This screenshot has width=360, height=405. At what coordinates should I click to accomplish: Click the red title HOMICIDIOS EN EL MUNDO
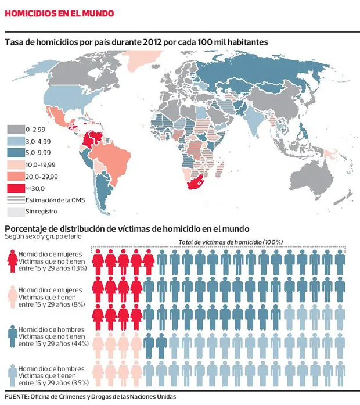click(59, 13)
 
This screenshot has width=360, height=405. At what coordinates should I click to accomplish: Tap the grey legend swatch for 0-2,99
click(16, 130)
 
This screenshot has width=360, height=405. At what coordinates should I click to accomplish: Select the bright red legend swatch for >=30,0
click(16, 188)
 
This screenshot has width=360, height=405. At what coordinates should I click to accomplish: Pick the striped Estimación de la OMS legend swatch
click(16, 200)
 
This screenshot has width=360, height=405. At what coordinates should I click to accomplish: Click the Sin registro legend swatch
click(16, 212)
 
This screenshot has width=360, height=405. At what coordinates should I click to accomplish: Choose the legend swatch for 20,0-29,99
click(16, 177)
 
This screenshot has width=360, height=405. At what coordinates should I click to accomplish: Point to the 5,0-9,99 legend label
click(38, 153)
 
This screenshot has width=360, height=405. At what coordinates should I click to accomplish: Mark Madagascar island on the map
click(221, 169)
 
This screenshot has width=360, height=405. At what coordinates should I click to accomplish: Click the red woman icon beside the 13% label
click(12, 261)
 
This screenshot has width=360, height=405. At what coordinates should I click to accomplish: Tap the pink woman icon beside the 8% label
click(12, 296)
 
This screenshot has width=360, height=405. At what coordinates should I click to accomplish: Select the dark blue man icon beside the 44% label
click(13, 336)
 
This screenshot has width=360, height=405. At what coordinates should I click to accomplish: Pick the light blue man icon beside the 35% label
click(13, 375)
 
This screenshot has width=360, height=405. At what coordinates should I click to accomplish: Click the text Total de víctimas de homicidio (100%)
click(231, 242)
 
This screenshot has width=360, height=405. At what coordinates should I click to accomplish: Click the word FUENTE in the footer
click(16, 396)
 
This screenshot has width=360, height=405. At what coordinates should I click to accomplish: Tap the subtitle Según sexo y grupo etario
click(43, 236)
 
